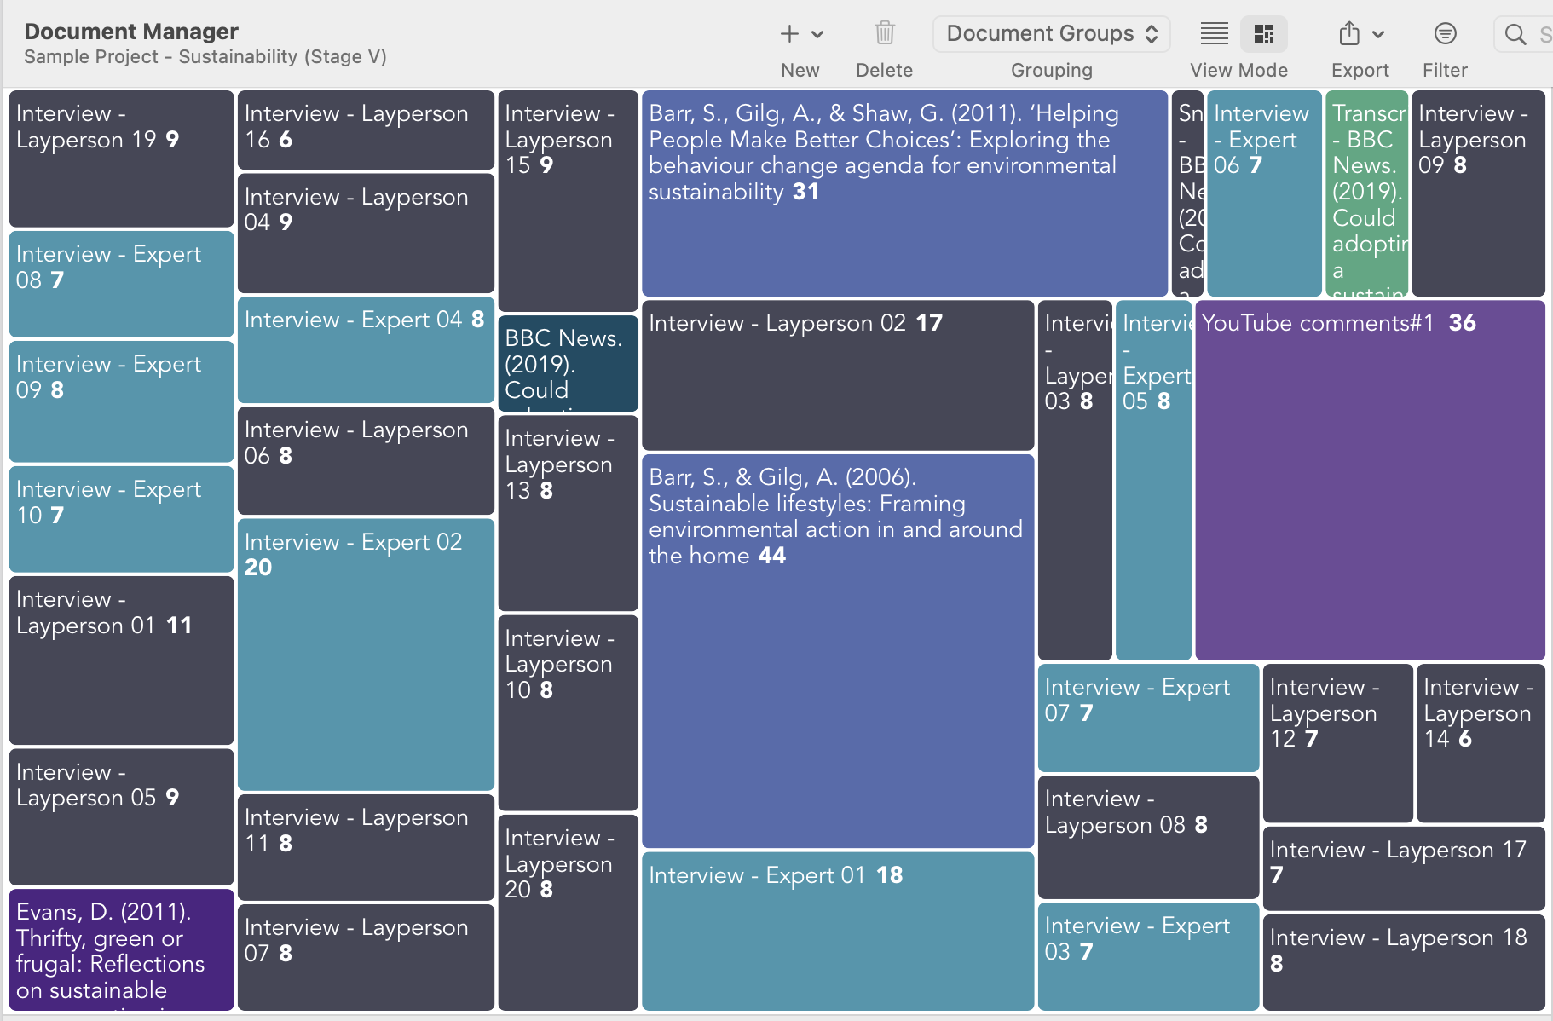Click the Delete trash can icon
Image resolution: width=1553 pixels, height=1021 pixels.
884,34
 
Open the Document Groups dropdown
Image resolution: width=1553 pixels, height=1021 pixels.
1051,34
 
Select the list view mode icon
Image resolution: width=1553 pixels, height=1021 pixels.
1214,34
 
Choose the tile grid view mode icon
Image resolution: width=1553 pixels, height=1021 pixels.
1263,34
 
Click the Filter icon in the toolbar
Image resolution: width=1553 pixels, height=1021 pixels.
1445,34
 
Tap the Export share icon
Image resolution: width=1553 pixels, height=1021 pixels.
1349,34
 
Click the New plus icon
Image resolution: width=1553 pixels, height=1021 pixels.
790,34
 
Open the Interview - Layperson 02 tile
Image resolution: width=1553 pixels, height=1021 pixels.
837,374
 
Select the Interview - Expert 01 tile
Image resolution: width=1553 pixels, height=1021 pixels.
837,930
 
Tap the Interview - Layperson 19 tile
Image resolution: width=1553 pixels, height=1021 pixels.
121,158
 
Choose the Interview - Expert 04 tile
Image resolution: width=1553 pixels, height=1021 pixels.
366,349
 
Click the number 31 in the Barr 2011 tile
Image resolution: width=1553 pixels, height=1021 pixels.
805,192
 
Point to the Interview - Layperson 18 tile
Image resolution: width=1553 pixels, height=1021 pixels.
1403,961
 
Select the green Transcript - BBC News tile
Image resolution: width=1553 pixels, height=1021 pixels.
1366,193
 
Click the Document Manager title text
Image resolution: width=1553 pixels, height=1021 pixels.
131,32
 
